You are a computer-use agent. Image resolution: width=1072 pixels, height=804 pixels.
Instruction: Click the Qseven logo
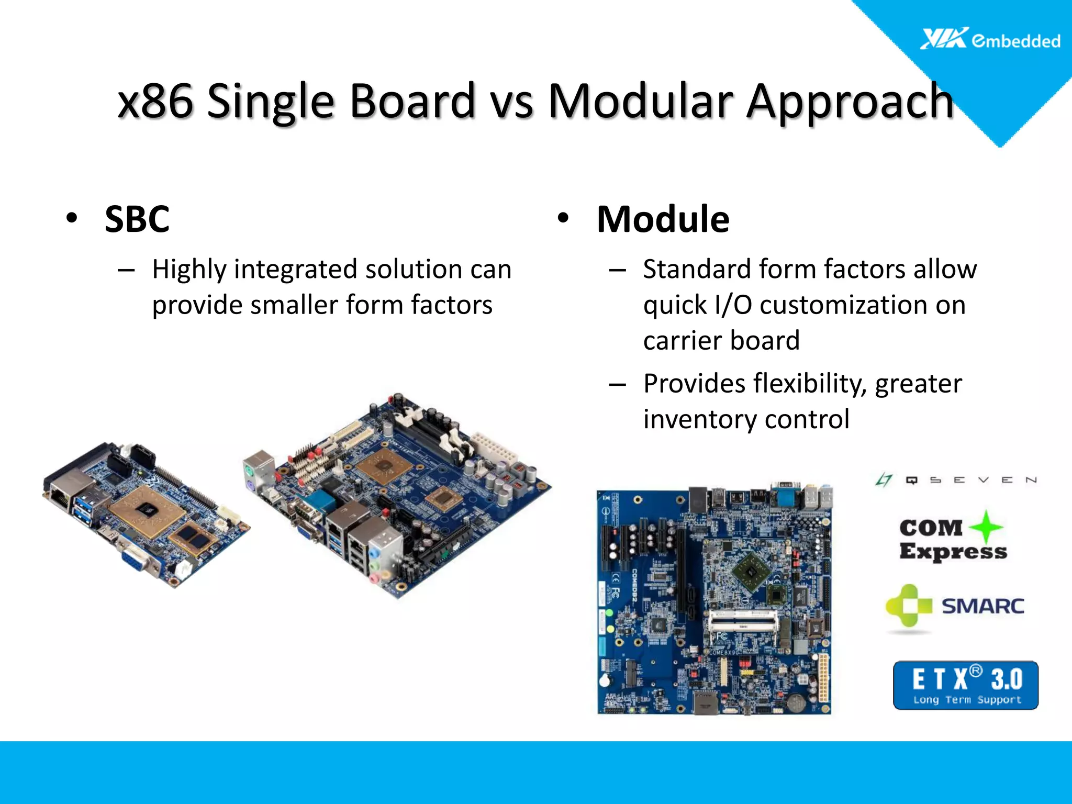pyautogui.click(x=956, y=479)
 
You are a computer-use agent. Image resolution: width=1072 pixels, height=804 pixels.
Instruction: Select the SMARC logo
pyautogui.click(x=955, y=606)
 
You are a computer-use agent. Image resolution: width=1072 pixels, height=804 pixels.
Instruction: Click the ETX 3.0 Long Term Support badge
pyautogui.click(x=965, y=685)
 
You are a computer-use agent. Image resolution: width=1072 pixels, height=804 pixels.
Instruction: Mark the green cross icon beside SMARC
pyautogui.click(x=909, y=606)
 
